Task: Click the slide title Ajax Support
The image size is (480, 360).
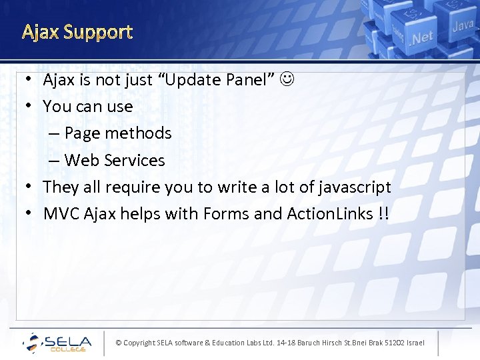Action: click(x=77, y=32)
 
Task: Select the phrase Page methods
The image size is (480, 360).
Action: click(x=118, y=133)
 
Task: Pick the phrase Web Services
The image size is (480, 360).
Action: click(x=115, y=161)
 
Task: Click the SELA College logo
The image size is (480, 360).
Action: click(x=57, y=343)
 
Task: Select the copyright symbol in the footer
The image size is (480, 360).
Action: click(x=119, y=343)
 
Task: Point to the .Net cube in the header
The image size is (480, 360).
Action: click(x=422, y=37)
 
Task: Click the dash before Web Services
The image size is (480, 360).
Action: click(x=53, y=161)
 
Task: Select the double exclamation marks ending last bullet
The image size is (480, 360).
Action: click(x=383, y=214)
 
